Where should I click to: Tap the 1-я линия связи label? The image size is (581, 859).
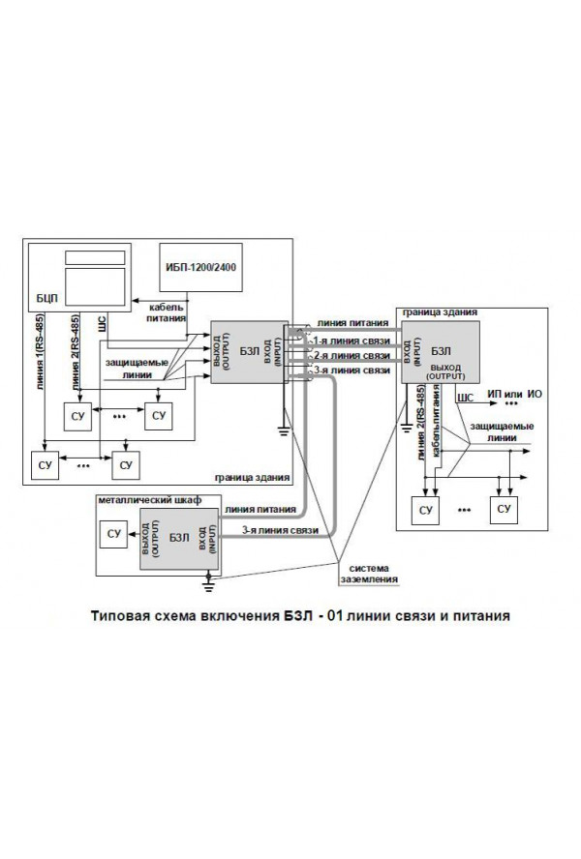[350, 341]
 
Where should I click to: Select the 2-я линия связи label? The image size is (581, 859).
[350, 356]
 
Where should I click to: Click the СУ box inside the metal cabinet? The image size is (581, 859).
[115, 533]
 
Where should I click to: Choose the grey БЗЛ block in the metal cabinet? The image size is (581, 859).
[178, 540]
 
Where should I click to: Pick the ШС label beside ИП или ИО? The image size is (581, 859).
[464, 397]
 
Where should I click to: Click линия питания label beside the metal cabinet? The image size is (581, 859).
[254, 507]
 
